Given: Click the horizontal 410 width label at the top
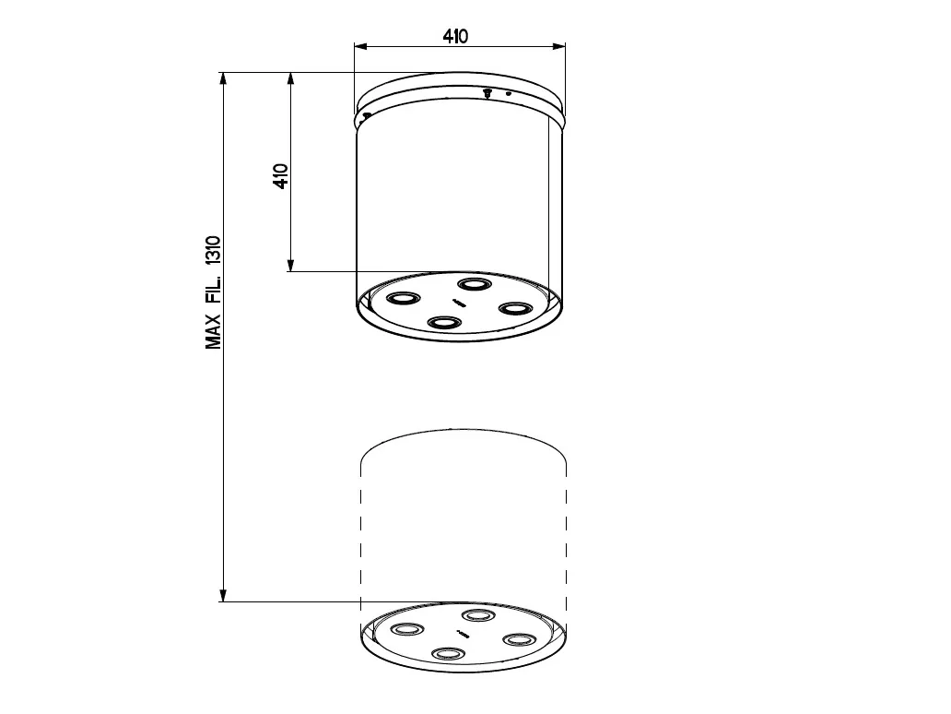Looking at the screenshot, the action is pyautogui.click(x=455, y=36).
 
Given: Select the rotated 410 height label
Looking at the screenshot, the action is pyautogui.click(x=281, y=176).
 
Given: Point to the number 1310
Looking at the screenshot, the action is pyautogui.click(x=213, y=251).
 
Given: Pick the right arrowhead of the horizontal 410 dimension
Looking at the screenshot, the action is pyautogui.click(x=558, y=46).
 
